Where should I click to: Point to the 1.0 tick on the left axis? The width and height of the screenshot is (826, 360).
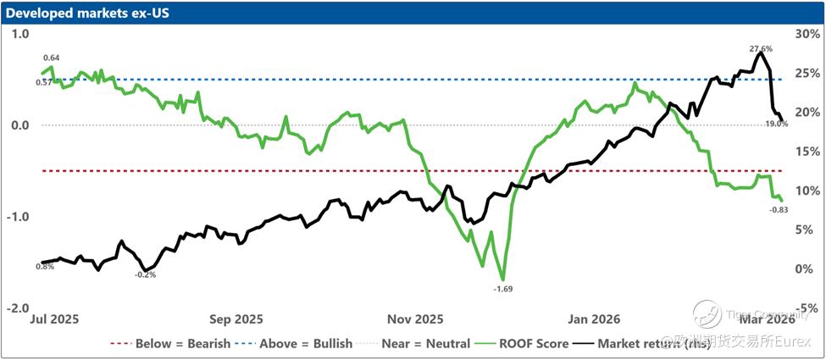[19, 33]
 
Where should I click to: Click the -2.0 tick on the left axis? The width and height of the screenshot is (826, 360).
[18, 308]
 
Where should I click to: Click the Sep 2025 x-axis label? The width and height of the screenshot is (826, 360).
[236, 319]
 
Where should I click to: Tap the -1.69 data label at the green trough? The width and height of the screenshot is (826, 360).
[503, 289]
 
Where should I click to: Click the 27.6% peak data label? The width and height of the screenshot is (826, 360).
[760, 49]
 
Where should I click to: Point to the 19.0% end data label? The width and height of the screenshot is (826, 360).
[776, 124]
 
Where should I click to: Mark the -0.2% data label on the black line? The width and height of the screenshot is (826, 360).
[146, 274]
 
